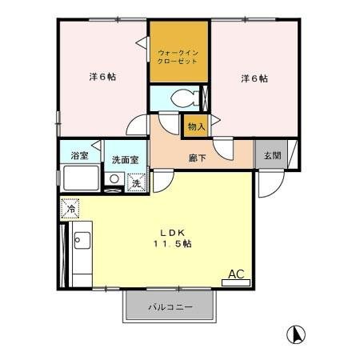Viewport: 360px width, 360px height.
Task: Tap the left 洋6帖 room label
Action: click(x=102, y=78)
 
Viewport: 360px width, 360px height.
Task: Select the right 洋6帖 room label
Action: click(x=254, y=78)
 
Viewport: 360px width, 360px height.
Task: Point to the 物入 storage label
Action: click(x=196, y=126)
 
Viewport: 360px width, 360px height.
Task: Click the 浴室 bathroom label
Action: click(x=78, y=154)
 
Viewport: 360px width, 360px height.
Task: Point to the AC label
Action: click(x=237, y=274)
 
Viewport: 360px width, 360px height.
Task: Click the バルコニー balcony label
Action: click(x=170, y=307)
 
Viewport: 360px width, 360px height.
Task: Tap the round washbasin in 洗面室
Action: click(x=115, y=180)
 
